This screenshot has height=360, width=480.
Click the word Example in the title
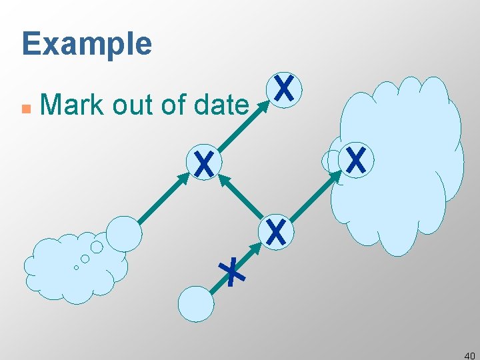coord(87,44)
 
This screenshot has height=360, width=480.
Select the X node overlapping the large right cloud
coord(357,161)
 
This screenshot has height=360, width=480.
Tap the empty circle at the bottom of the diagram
coord(197,304)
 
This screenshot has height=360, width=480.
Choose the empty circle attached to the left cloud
coord(124,233)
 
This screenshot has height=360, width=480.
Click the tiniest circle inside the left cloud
coord(76,267)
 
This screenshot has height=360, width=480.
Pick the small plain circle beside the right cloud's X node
coord(331,161)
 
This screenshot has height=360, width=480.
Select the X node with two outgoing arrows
coord(275,231)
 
